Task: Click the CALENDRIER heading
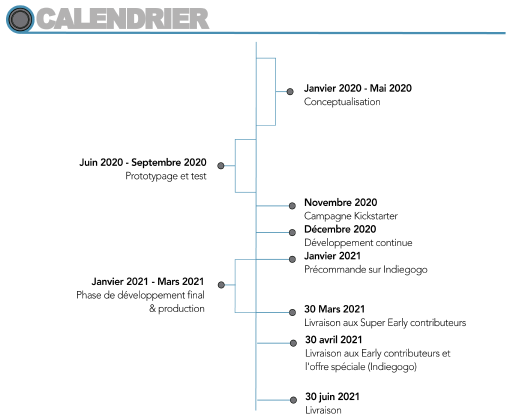tap(123, 19)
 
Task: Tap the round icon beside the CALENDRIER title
tap(20, 19)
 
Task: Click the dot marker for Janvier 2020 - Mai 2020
tap(290, 92)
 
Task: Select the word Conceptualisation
tap(342, 102)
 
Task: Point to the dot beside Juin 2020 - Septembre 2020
tap(221, 166)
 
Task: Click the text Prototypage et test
tap(166, 176)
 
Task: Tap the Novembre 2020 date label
tap(340, 202)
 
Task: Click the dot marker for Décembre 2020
tap(292, 232)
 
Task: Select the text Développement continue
tap(358, 242)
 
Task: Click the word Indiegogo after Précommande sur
tap(405, 270)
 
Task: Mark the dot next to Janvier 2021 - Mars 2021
tap(221, 285)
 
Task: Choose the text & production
tap(177, 308)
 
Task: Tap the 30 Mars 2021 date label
tap(334, 309)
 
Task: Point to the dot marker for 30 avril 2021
tap(293, 343)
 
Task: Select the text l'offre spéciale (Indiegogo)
tap(361, 367)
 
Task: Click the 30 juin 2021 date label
tap(332, 396)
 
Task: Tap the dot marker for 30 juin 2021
tap(293, 400)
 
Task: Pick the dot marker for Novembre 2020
tap(292, 206)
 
